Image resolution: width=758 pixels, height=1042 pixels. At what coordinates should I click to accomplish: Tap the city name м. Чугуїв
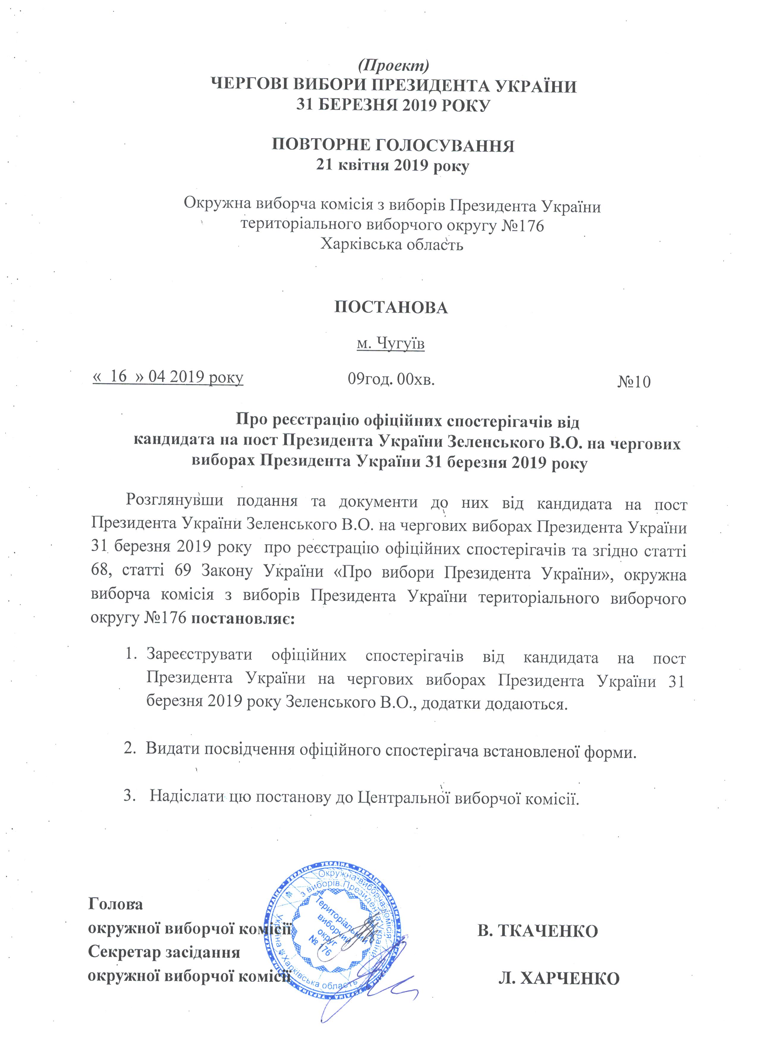click(391, 343)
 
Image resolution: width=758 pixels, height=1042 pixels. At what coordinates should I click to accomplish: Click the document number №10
click(634, 382)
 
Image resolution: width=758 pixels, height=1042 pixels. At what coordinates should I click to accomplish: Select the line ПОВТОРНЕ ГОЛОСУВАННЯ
click(393, 145)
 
